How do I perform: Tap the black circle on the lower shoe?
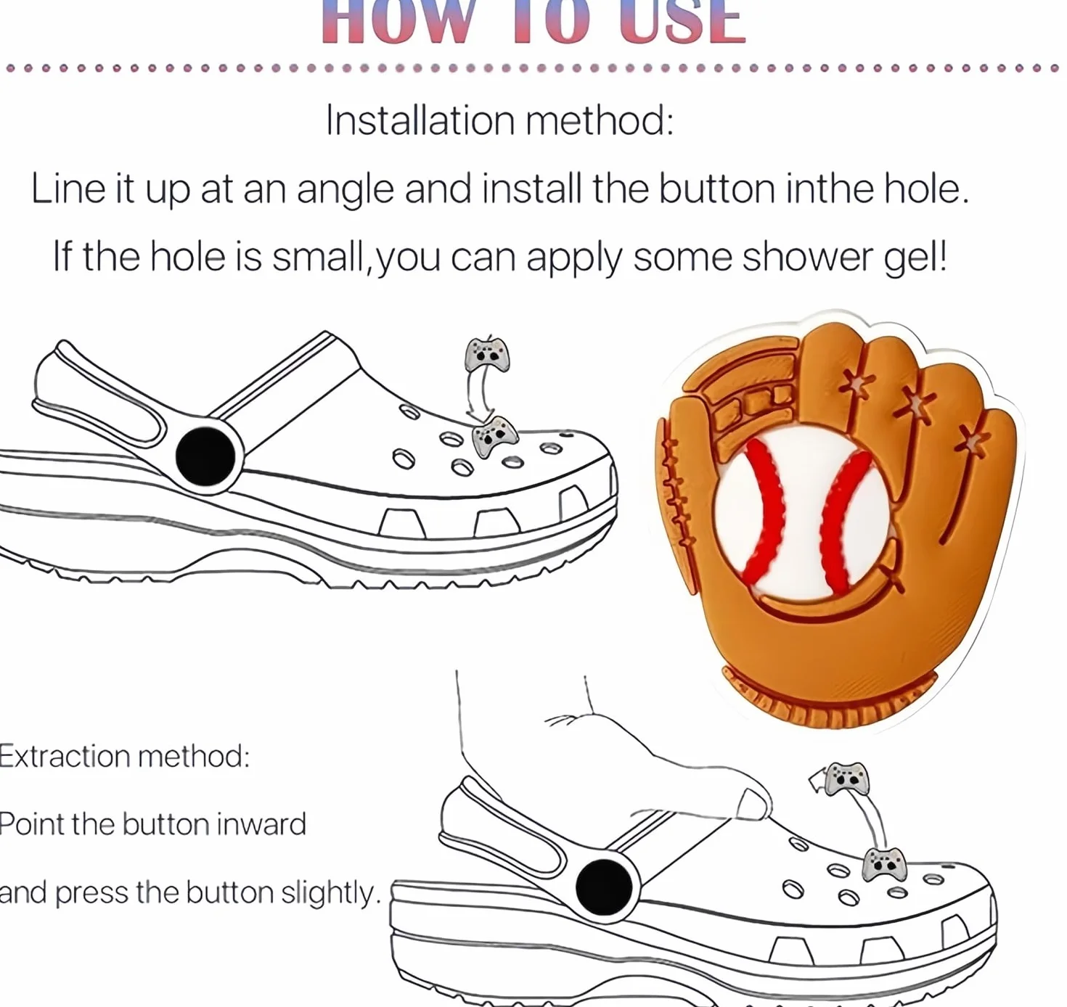[604, 887]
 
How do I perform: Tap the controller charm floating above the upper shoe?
[487, 355]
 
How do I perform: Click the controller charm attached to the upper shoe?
[494, 437]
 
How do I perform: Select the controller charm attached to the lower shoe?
[884, 864]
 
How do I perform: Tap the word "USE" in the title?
[682, 22]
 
